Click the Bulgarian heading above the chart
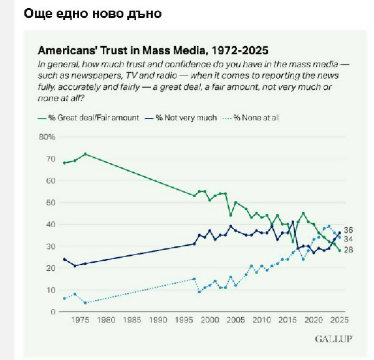pos(92,14)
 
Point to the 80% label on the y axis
pos(48,137)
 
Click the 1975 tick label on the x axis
pos(80,321)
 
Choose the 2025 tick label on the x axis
pos(339,321)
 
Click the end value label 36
pos(348,230)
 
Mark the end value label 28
pos(348,250)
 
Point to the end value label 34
pos(348,239)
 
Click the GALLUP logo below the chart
pos(334,339)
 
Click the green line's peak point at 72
pos(85,154)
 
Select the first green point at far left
pos(64,163)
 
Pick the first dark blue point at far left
pos(64,259)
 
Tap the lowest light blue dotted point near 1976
pos(85,303)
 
